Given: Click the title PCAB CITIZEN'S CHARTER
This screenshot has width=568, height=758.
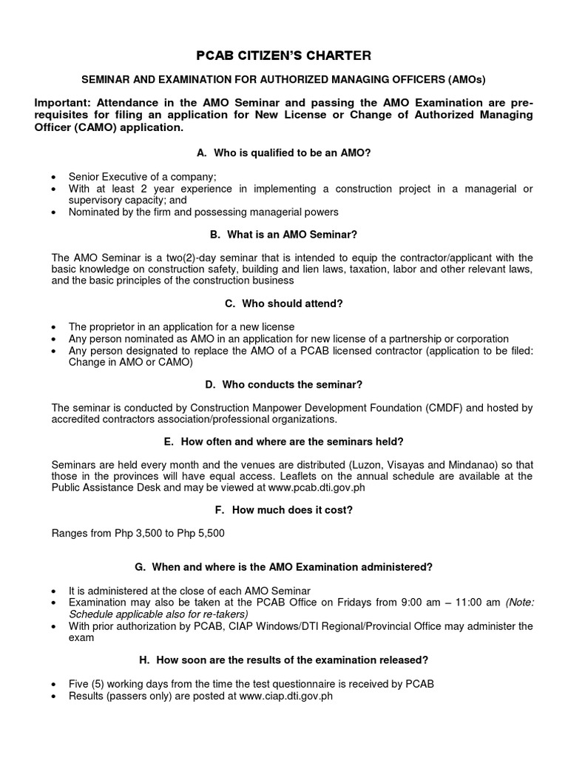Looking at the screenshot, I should [x=283, y=56].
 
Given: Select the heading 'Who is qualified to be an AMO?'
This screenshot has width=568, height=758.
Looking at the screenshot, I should [x=283, y=152].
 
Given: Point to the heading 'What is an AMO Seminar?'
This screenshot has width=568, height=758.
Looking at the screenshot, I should [x=283, y=234].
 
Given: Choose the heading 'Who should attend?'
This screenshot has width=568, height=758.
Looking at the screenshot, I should [x=283, y=303].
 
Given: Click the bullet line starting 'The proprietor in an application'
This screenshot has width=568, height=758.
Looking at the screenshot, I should [x=181, y=326].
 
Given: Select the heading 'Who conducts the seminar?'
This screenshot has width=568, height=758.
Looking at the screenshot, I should [x=283, y=384].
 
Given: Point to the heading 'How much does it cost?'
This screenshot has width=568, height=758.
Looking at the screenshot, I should [x=283, y=510].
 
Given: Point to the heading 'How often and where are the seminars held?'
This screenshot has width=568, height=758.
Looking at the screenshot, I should [x=283, y=441].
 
